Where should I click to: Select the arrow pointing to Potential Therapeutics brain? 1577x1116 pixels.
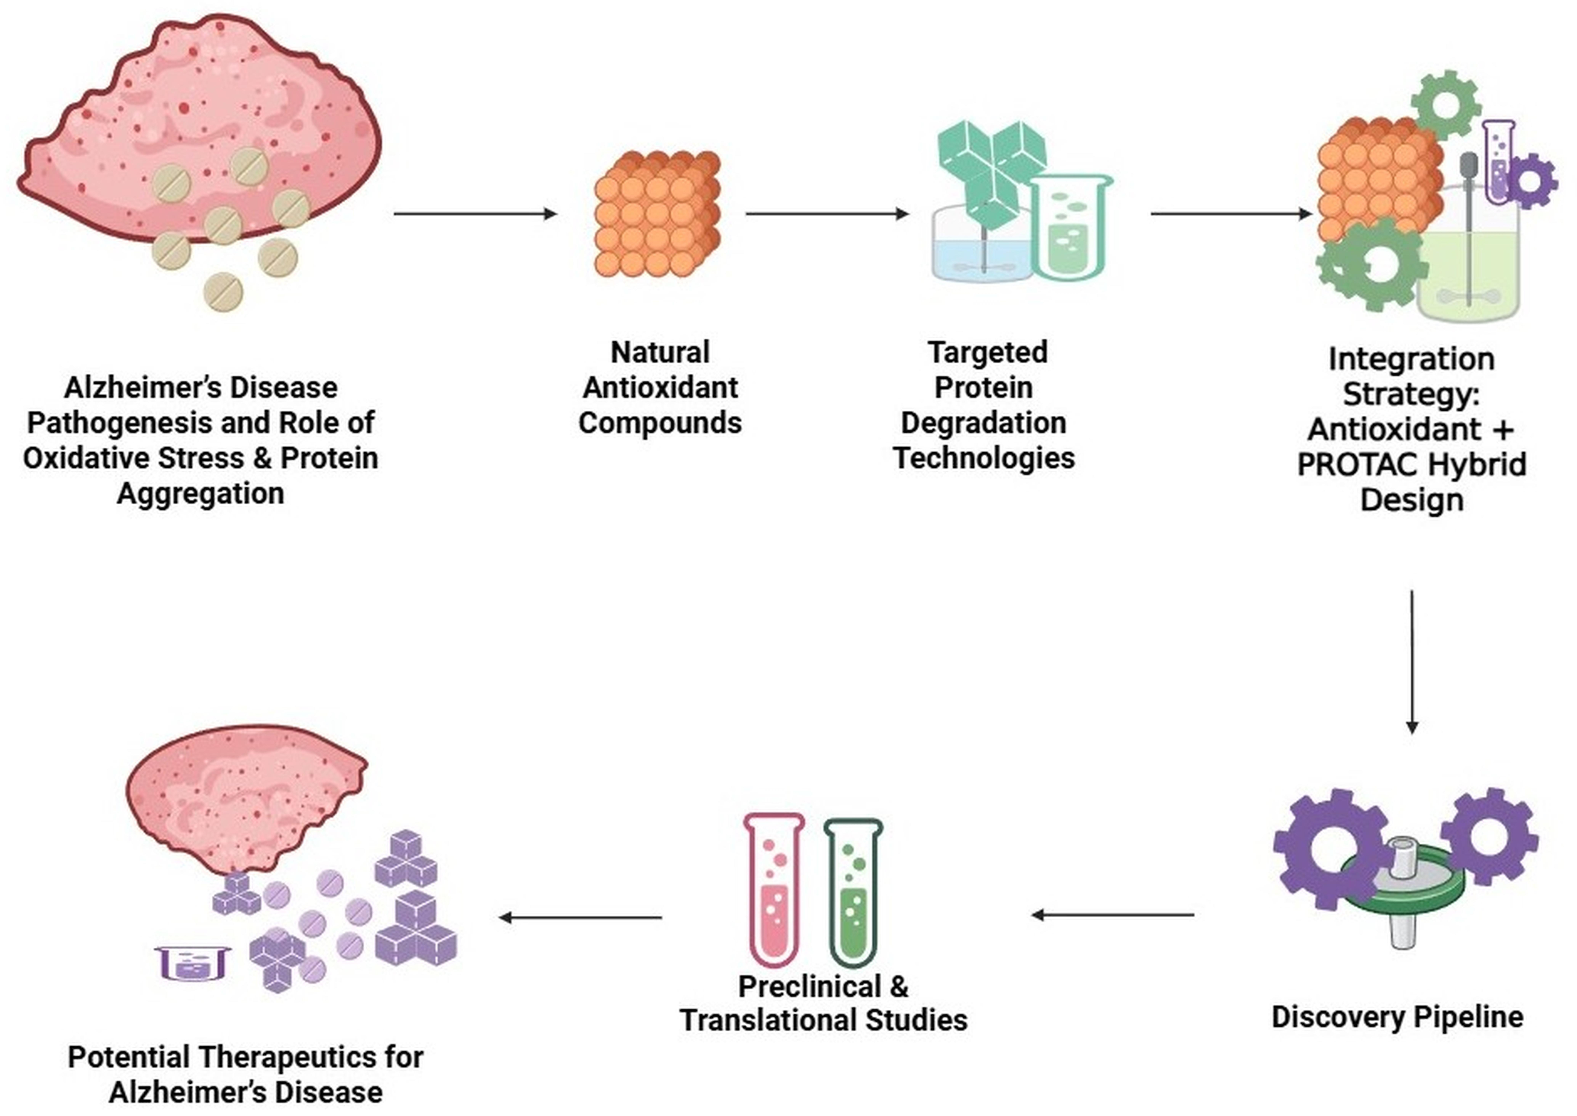(x=580, y=917)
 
